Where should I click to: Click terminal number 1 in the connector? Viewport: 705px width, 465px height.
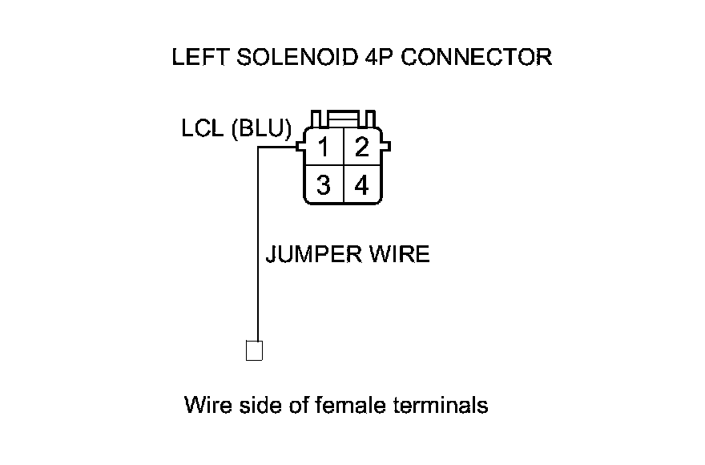pyautogui.click(x=323, y=148)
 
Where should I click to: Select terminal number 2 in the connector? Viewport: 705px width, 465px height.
pyautogui.click(x=362, y=148)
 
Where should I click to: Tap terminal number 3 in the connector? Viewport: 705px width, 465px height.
pyautogui.click(x=323, y=186)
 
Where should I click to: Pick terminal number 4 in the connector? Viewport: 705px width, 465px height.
pyautogui.click(x=362, y=186)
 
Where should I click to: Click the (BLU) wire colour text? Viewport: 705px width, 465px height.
pyautogui.click(x=261, y=131)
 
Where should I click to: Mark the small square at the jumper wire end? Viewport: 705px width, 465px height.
pyautogui.click(x=254, y=351)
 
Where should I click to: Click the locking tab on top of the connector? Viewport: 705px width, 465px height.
pyautogui.click(x=343, y=119)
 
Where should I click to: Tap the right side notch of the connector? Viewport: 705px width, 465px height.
pyautogui.click(x=387, y=148)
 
